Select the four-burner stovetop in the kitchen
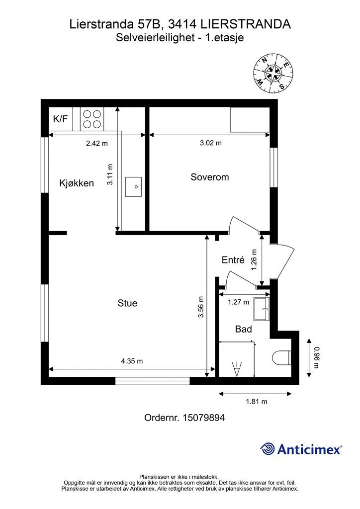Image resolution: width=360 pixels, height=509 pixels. pos(92,119)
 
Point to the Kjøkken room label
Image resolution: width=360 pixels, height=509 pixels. pos(77,183)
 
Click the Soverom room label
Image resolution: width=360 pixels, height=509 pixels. pos(209,177)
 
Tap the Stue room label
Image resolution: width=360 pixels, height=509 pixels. pos(127,303)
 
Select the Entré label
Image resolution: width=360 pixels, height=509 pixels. pos(233,260)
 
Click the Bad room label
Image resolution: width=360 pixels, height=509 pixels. pos(243,329)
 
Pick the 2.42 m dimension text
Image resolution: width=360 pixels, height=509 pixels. pos(97,143)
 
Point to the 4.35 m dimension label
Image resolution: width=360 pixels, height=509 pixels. pos(132,361)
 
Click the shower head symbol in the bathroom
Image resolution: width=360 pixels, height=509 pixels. pos(237,368)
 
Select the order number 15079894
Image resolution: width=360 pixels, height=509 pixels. pos(184,418)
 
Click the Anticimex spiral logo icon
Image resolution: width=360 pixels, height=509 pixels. pos(268,449)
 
